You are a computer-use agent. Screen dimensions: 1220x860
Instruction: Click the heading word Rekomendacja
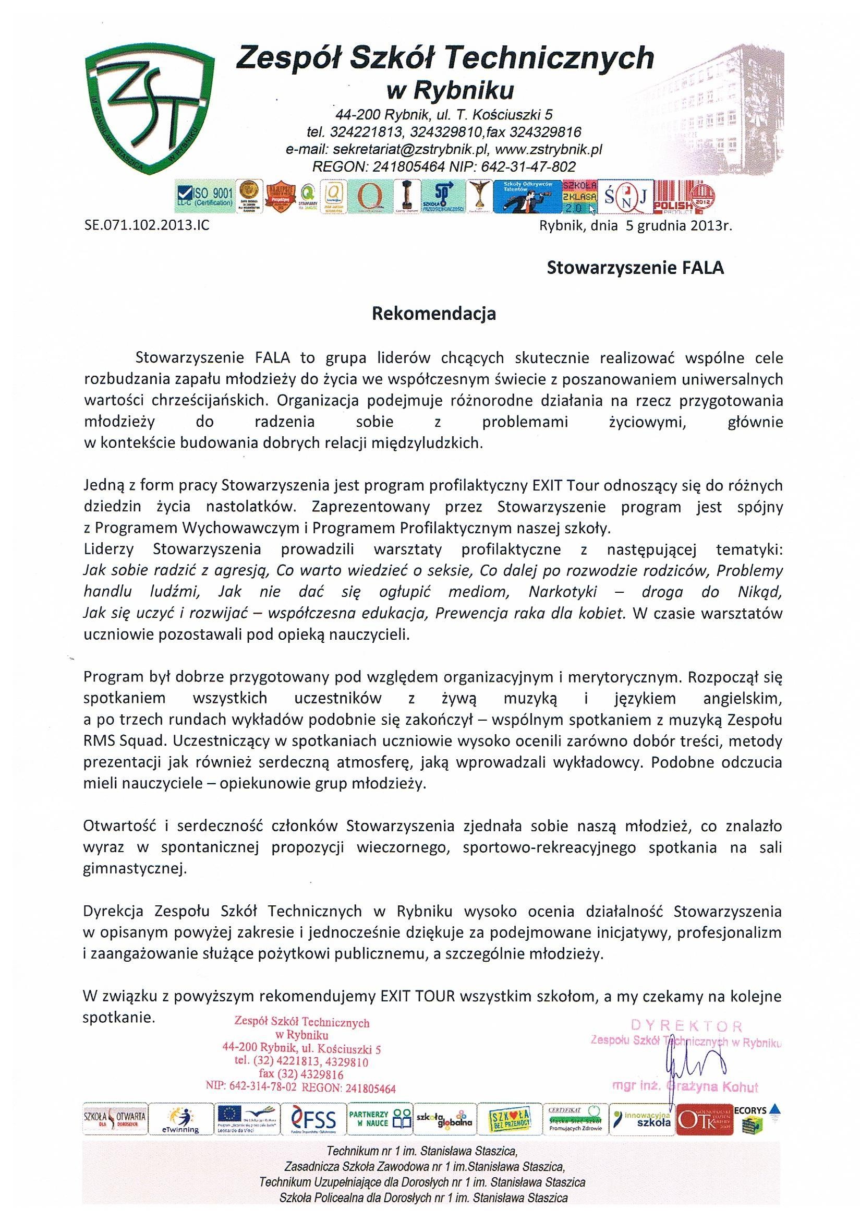[433, 314]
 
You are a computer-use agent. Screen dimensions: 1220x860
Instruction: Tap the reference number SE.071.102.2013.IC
[147, 225]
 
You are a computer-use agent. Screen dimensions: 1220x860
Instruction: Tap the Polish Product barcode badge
[684, 197]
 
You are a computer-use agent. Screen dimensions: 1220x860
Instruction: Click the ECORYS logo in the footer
[755, 1116]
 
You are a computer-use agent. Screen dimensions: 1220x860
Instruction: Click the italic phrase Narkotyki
[563, 592]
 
